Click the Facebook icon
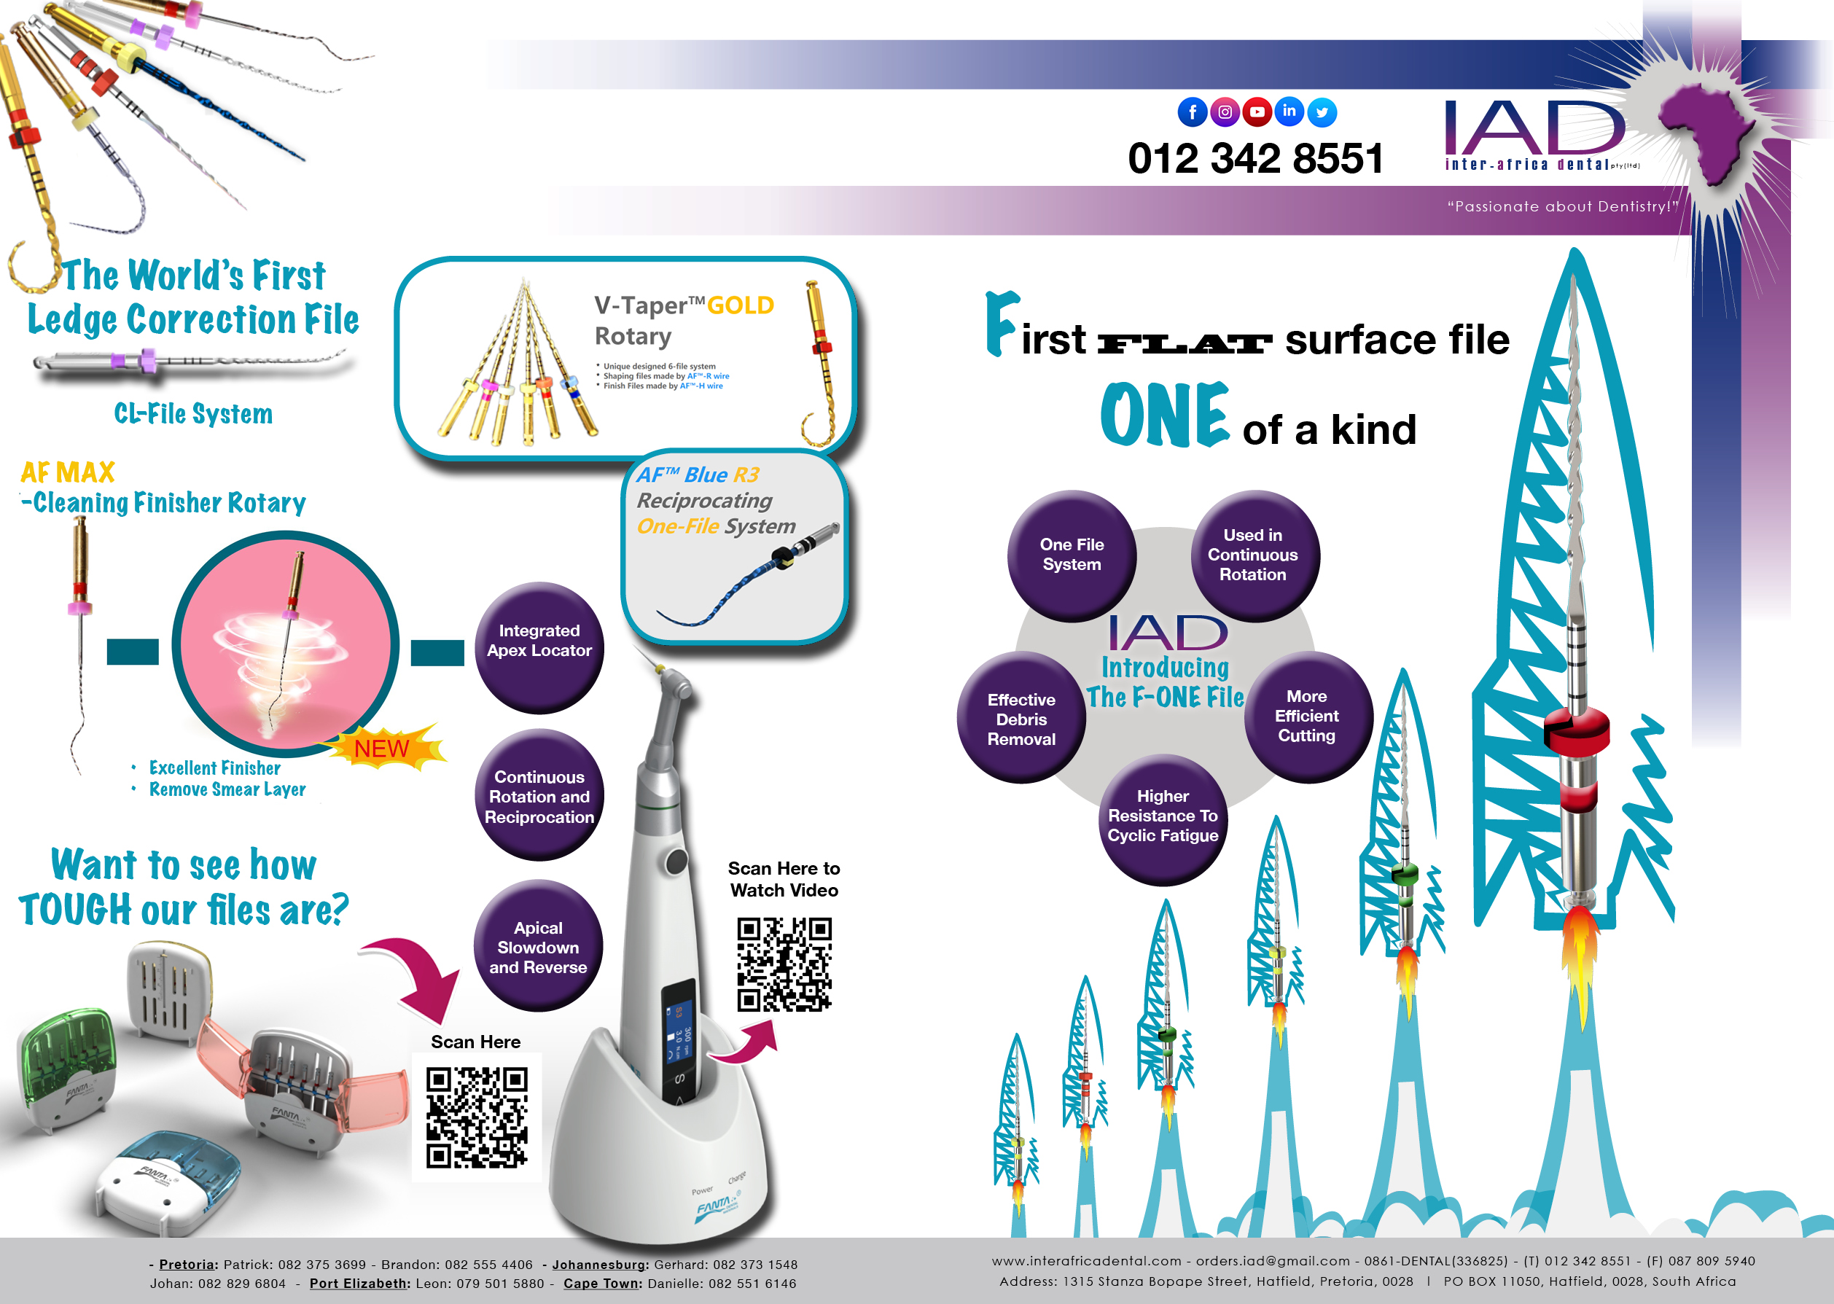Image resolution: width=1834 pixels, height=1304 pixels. [x=1193, y=112]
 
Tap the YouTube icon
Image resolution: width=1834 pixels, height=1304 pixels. [x=1257, y=112]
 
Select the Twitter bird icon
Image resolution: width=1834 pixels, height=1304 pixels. [x=1322, y=112]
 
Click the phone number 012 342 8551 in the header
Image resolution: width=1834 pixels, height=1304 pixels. [x=1256, y=157]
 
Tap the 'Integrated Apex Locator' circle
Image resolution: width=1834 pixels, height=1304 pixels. [x=539, y=647]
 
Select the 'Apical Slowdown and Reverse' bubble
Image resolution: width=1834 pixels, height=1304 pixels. [x=538, y=946]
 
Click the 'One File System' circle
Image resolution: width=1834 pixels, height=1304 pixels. [x=1072, y=555]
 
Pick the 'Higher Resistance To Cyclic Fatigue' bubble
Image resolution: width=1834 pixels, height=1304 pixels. [x=1163, y=819]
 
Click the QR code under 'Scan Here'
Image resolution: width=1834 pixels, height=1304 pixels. [x=477, y=1117]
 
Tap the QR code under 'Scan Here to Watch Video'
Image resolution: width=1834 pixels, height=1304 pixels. [x=784, y=964]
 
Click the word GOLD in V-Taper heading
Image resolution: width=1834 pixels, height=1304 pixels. [x=741, y=306]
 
